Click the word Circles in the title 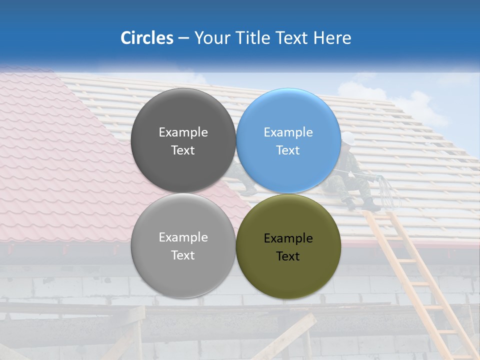146,38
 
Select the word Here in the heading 332,38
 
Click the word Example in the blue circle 288,132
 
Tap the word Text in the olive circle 288,256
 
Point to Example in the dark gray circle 183,132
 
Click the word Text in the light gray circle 183,255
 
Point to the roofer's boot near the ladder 370,204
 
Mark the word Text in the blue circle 288,150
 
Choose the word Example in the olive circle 288,238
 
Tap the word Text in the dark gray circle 183,150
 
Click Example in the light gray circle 183,237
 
